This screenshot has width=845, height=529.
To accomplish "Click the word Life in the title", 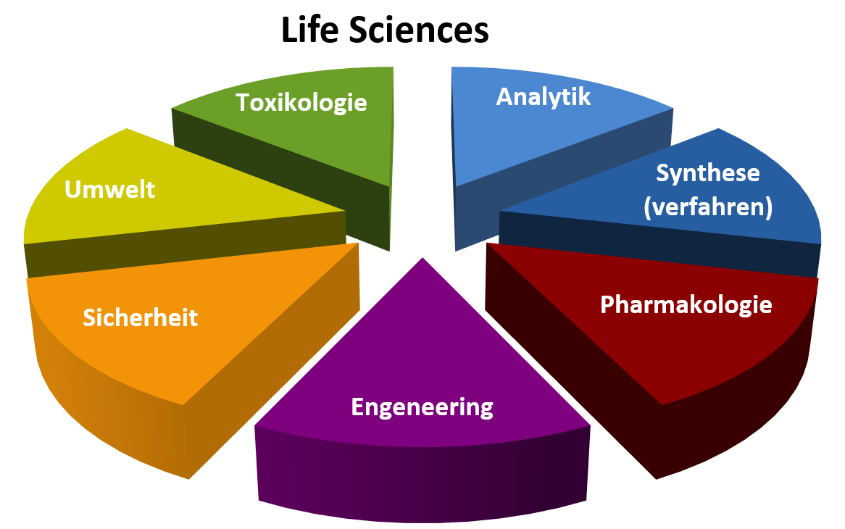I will coord(309,32).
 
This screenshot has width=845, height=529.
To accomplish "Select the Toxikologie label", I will coord(301,102).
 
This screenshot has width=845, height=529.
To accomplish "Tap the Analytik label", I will coord(544,96).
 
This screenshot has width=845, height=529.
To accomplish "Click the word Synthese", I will coord(707,173).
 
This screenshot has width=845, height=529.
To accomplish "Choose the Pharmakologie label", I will coord(686,304).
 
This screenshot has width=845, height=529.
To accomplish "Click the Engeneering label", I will coord(422,407).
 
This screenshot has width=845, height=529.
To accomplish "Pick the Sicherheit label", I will coord(141,317).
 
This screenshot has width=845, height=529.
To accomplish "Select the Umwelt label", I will coord(110,189).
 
